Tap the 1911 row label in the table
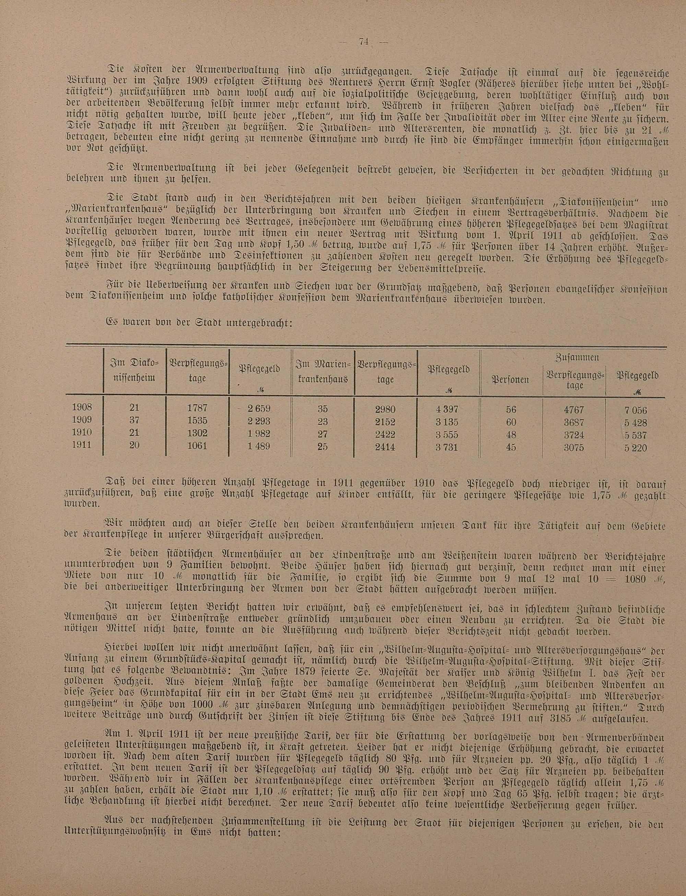tap(82, 445)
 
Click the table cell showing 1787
tap(197, 408)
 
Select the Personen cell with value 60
tap(511, 422)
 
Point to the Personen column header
tap(510, 380)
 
